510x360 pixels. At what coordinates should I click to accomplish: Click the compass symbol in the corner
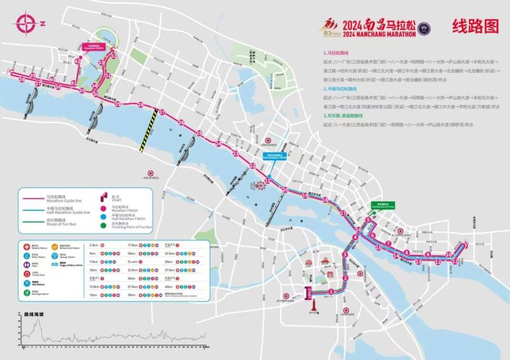(x=27, y=24)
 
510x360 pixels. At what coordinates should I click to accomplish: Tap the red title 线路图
(x=474, y=26)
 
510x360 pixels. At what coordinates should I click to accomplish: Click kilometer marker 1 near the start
(x=331, y=291)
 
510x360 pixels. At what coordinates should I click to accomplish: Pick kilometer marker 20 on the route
(x=285, y=190)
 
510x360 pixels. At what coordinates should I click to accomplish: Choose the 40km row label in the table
(x=168, y=286)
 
